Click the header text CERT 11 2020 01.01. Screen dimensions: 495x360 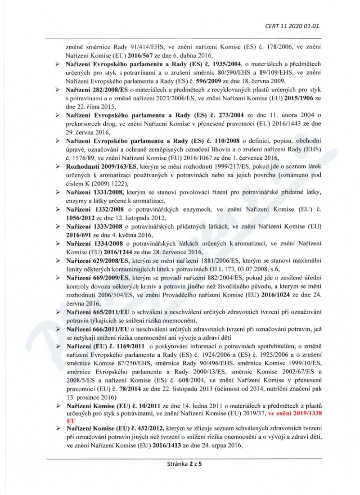point(299,26)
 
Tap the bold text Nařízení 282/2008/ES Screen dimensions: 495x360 point(93,90)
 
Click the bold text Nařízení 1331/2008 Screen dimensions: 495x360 point(92,192)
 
